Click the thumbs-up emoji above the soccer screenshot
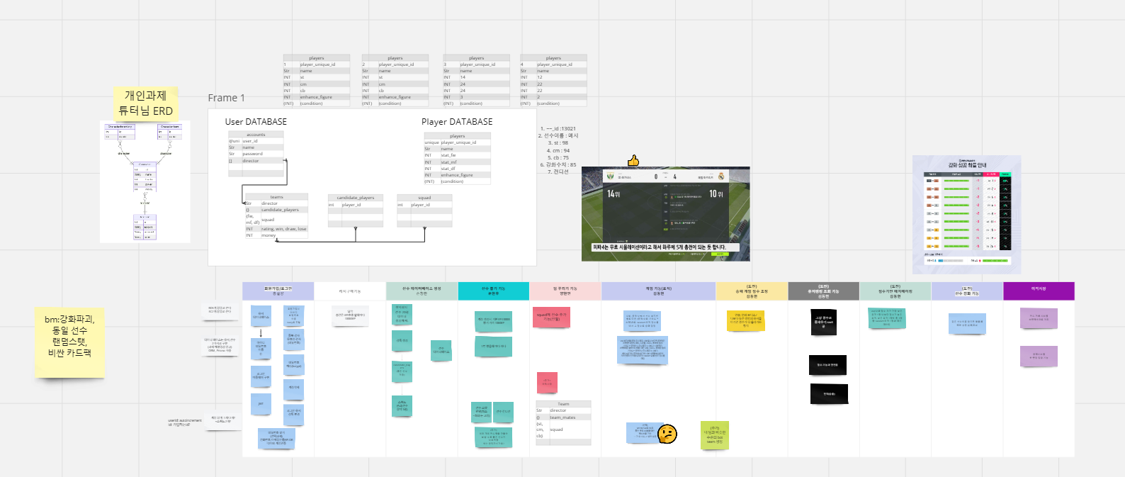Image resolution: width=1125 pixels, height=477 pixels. [x=633, y=161]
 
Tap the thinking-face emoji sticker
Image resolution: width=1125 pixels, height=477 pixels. [x=667, y=433]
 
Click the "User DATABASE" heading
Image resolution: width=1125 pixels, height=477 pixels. [x=256, y=122]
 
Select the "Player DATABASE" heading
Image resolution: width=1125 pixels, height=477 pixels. [x=457, y=122]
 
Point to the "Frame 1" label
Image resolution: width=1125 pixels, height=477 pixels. [x=226, y=98]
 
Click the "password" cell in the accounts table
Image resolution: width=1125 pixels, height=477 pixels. [x=253, y=154]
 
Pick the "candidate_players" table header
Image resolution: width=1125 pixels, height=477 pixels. [x=355, y=198]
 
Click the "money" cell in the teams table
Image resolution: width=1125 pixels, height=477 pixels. [x=268, y=235]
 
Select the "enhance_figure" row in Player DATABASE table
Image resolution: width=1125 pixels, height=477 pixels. [x=457, y=175]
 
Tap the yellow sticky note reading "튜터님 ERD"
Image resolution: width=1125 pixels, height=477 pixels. [x=145, y=103]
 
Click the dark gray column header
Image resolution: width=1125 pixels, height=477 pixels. [x=823, y=291]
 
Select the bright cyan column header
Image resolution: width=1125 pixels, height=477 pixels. [x=493, y=291]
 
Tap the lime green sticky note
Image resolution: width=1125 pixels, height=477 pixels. [x=715, y=434]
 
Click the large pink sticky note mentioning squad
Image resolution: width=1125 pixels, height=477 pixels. [x=551, y=317]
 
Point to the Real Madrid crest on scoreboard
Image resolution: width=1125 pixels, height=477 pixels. [x=721, y=176]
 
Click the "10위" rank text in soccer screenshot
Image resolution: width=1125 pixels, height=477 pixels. [x=716, y=193]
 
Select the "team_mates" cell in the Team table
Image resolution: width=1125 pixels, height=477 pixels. [x=562, y=417]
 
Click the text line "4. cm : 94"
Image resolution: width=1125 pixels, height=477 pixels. [x=558, y=150]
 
